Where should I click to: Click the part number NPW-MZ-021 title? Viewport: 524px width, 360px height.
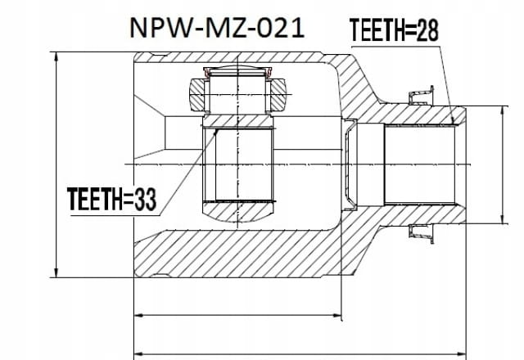217,28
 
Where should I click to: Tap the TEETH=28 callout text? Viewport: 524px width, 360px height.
394,30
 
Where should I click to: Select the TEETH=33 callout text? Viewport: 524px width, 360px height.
111,200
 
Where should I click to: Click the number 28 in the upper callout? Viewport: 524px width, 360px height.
427,30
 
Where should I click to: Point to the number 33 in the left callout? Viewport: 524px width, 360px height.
146,200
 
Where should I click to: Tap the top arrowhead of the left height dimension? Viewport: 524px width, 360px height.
56,56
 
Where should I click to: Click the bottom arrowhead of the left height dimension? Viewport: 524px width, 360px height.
56,272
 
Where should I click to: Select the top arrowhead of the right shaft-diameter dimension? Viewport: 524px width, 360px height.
502,111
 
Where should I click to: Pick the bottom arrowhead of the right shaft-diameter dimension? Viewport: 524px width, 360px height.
502,219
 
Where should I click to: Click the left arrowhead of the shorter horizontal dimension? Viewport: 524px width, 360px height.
138,315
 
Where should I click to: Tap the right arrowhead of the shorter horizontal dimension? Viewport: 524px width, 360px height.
337,315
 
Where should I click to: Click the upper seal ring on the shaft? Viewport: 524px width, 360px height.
421,96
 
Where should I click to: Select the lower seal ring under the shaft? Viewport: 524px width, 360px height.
421,234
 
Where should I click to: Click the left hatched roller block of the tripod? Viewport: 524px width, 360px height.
196,95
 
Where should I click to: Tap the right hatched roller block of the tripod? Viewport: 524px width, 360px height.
278,95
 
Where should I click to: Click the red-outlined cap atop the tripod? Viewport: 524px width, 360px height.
237,71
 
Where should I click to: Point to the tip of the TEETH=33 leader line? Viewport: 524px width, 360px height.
216,132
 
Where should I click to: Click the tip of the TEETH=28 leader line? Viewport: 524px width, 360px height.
453,124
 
